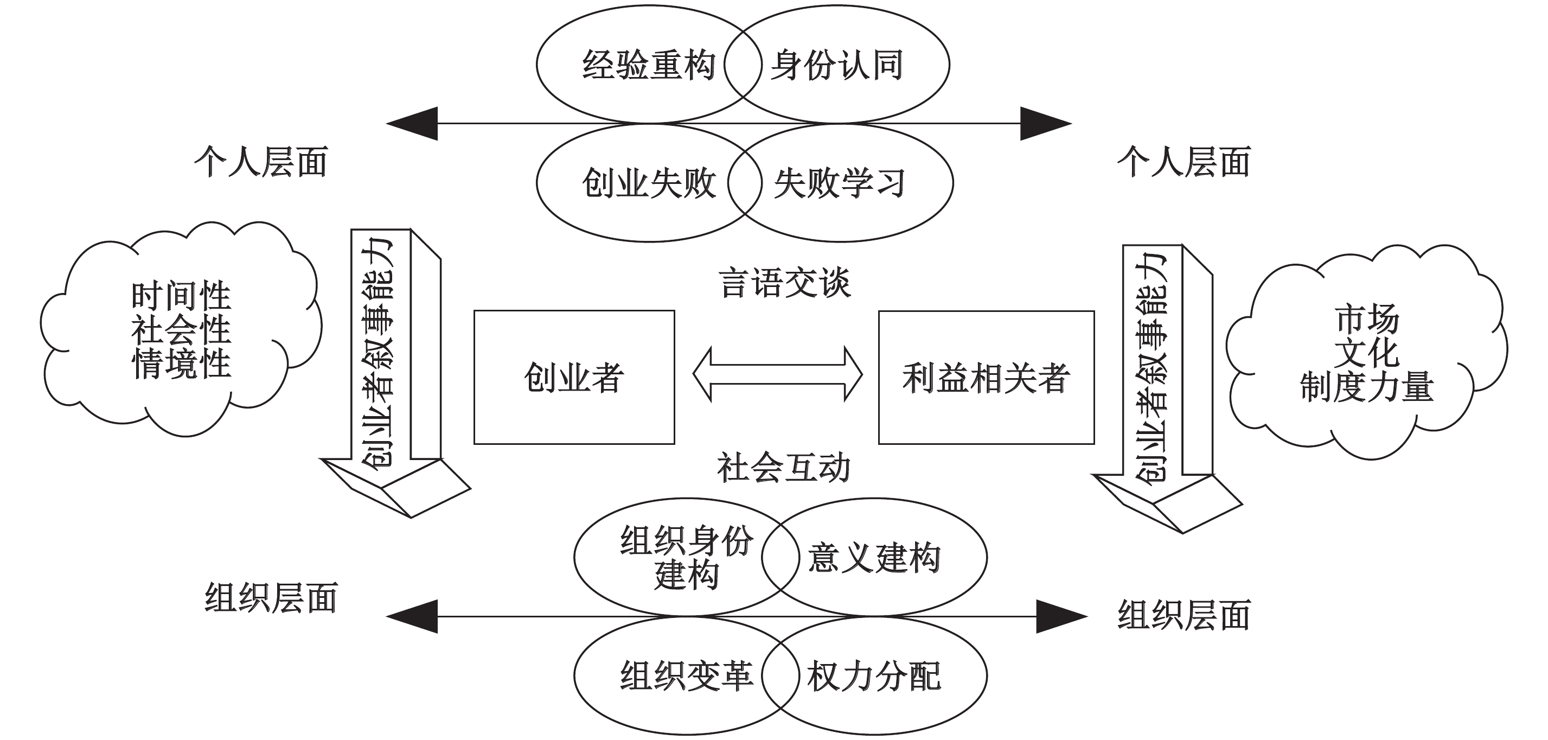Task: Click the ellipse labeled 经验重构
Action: point(637,65)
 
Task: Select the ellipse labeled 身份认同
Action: point(847,65)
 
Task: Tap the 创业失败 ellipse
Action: point(637,183)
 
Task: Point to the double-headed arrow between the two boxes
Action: point(778,374)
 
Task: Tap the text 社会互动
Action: point(784,468)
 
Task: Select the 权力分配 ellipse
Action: point(884,675)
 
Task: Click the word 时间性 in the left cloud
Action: point(181,296)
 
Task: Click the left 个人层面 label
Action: point(261,162)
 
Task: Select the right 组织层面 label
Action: point(1184,615)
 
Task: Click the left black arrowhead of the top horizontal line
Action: point(413,124)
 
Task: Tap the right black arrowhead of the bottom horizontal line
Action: point(1060,616)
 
